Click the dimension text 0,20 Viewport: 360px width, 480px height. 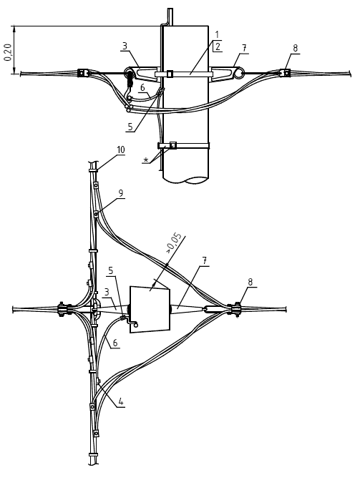pos(8,52)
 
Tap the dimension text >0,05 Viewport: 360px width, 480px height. pos(174,243)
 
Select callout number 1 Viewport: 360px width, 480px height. pos(217,34)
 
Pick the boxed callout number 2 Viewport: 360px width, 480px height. pos(218,46)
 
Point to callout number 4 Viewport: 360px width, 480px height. pos(122,401)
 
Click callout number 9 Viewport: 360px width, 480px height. pos(120,193)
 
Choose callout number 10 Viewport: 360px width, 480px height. pos(121,150)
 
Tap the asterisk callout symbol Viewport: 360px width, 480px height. pos(146,160)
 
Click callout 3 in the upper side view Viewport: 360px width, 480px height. pos(125,46)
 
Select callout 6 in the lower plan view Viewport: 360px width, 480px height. pos(115,343)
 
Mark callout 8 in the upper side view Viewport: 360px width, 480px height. pos(295,48)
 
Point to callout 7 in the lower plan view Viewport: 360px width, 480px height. pos(205,261)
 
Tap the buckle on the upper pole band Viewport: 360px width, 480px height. pos(170,74)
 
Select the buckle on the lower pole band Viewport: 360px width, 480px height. pos(173,145)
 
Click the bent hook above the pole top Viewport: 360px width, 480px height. pos(167,17)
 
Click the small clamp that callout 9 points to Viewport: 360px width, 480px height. pos(96,213)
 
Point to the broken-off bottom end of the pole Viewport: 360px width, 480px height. pos(185,180)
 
